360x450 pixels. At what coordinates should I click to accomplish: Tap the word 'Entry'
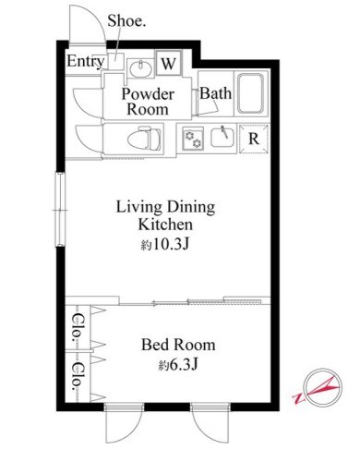85,62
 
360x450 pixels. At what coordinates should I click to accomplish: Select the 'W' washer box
169,64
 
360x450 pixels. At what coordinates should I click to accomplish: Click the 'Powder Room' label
148,100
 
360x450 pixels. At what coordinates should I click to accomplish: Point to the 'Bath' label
216,93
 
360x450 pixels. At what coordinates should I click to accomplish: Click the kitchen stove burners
194,138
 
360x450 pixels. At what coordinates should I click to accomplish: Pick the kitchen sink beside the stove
222,138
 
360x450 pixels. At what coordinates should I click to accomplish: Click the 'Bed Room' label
178,345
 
